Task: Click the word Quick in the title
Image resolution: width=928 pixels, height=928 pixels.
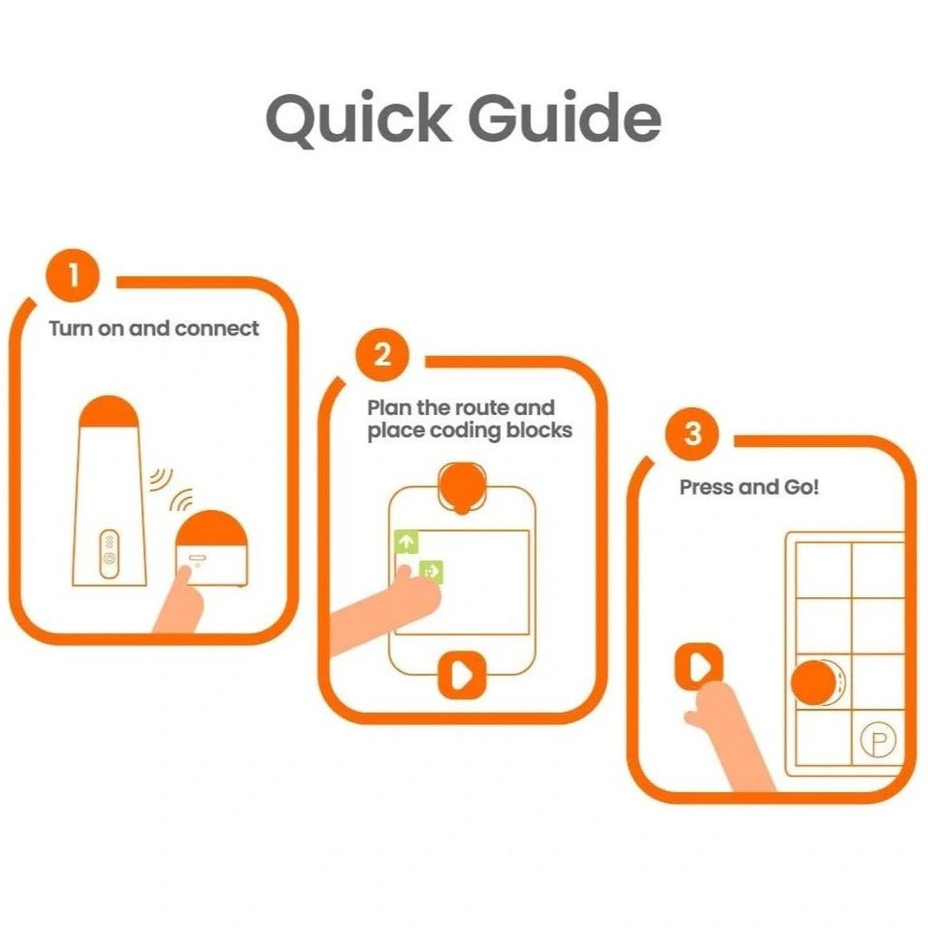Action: [x=359, y=119]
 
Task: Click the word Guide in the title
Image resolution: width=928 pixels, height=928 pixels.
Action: [x=565, y=117]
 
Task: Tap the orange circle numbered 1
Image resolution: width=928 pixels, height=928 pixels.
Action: [x=72, y=275]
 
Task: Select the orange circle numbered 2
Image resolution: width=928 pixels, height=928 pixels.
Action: [x=382, y=354]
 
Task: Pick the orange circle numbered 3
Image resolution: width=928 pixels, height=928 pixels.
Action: [x=691, y=434]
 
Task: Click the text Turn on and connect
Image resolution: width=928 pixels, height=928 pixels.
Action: [x=154, y=328]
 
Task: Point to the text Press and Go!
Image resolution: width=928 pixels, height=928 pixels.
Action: [x=749, y=487]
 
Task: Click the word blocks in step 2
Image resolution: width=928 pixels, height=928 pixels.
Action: [x=539, y=430]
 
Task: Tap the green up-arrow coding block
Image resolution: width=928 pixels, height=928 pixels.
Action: [x=406, y=541]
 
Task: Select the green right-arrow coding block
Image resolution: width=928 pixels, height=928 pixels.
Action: [x=430, y=571]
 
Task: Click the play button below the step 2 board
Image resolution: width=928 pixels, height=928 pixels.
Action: [x=461, y=674]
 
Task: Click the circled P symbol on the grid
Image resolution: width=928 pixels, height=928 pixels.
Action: [x=877, y=739]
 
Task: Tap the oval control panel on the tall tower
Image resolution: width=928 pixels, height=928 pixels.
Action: [x=109, y=554]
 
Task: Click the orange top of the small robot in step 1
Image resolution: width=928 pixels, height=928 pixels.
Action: [x=212, y=528]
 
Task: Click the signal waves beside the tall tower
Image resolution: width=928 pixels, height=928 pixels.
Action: [x=160, y=479]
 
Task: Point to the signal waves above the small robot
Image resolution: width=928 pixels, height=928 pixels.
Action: [x=181, y=500]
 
